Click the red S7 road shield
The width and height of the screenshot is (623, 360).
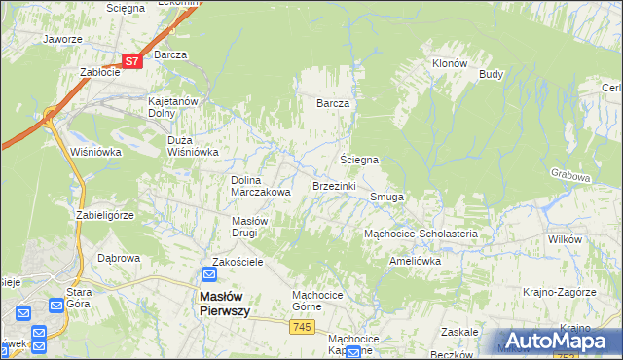[x=133, y=61]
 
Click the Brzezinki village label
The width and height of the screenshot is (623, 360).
[x=334, y=185]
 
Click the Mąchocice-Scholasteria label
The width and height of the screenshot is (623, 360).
[x=420, y=234]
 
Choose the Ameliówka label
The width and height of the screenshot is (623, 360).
[x=416, y=261]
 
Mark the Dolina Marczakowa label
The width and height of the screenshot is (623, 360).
[x=260, y=186]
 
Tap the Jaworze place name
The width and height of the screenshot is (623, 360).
[x=61, y=40]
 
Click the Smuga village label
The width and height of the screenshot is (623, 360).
[x=386, y=197]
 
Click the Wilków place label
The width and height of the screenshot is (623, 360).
[x=565, y=238]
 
